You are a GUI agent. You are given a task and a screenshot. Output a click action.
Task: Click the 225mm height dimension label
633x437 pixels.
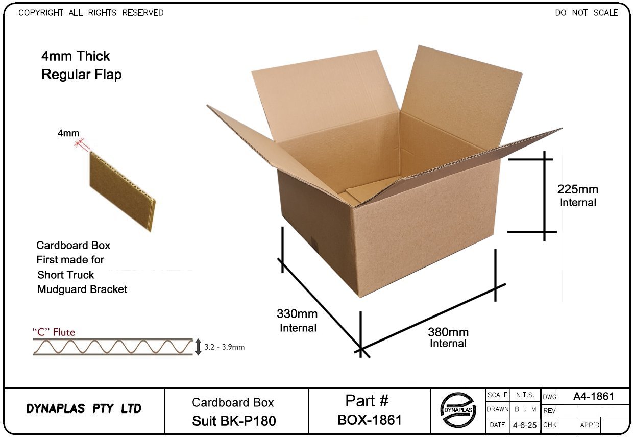coord(578,190)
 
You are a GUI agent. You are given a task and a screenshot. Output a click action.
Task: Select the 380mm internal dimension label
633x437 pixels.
coord(448,332)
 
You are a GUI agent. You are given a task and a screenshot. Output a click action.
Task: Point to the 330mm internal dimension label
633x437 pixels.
coord(297,313)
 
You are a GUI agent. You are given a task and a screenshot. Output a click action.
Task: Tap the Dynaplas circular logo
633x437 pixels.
coord(458,410)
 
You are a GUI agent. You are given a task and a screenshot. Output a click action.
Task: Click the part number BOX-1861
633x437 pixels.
coord(370,420)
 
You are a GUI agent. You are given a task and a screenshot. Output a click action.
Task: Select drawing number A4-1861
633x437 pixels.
coord(593,396)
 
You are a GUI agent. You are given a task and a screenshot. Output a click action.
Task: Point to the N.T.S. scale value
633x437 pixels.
coord(525,395)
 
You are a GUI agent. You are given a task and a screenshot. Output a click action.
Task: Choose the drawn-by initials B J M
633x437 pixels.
coord(525,409)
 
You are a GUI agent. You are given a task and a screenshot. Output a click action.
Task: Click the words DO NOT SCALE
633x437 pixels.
coord(587,13)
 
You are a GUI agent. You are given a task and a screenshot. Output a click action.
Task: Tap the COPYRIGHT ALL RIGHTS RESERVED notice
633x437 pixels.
coord(91,13)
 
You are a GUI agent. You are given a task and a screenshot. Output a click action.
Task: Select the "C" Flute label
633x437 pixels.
coord(54,332)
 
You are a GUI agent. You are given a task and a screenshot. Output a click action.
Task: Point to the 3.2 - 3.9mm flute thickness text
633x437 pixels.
coord(225,347)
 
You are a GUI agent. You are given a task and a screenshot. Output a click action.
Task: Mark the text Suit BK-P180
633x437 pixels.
coord(234,421)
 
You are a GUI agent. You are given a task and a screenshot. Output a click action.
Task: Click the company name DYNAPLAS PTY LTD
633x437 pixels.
coord(84,409)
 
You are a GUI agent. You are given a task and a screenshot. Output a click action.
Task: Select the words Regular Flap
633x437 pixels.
coord(81,75)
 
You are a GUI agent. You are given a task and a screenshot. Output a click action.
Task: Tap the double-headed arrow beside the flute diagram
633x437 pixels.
coord(199,347)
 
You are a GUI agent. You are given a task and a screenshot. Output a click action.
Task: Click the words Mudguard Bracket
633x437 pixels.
coord(82,289)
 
